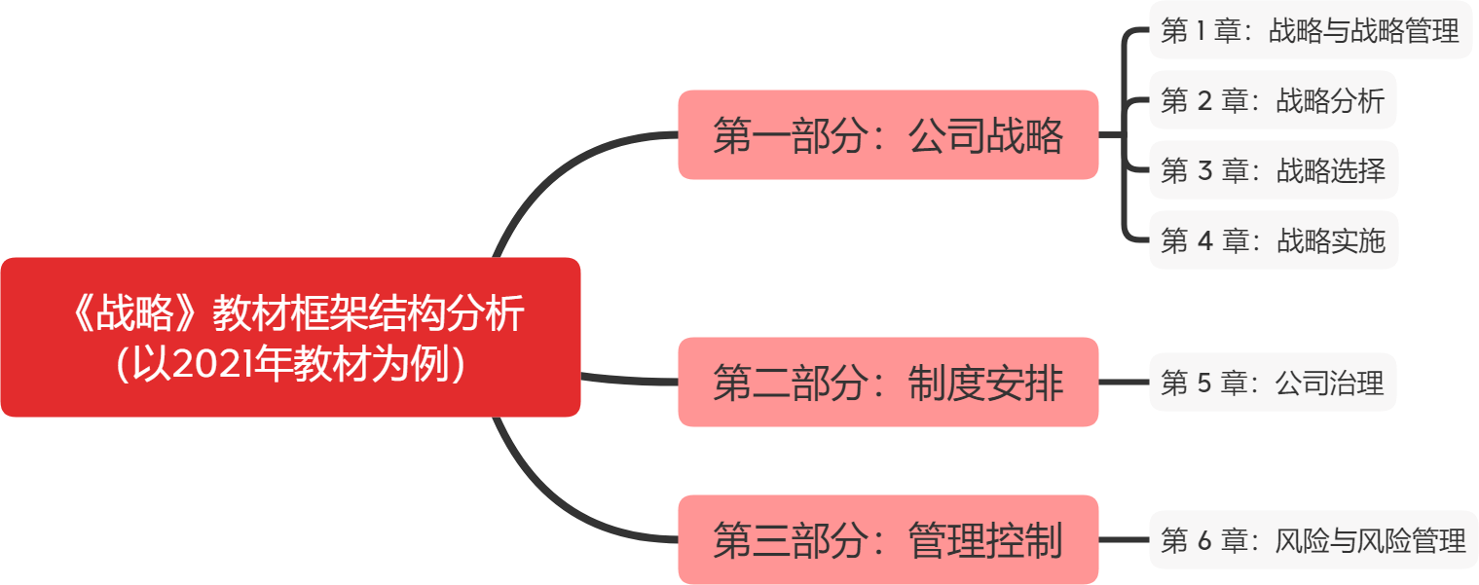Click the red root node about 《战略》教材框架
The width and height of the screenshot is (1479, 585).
pos(290,337)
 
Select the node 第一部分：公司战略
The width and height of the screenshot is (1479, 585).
pos(888,135)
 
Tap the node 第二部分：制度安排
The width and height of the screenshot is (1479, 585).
pos(888,383)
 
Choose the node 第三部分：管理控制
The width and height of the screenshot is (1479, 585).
pos(888,540)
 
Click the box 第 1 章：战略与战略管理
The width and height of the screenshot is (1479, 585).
pos(1311,31)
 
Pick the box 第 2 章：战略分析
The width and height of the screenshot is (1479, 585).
pos(1273,100)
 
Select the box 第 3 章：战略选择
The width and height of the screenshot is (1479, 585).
pos(1273,170)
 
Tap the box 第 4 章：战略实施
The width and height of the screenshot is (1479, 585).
pos(1273,239)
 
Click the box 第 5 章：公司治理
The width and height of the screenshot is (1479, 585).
pos(1273,383)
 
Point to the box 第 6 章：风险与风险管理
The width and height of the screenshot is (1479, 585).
pos(1313,540)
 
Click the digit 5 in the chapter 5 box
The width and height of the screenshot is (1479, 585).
pos(1203,383)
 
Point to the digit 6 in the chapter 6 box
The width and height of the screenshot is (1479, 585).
pos(1203,540)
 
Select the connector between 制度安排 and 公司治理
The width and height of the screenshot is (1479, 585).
pos(1124,383)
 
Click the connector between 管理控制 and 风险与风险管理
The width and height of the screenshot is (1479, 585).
pos(1124,540)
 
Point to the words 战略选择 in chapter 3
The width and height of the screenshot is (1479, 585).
pos(1330,170)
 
